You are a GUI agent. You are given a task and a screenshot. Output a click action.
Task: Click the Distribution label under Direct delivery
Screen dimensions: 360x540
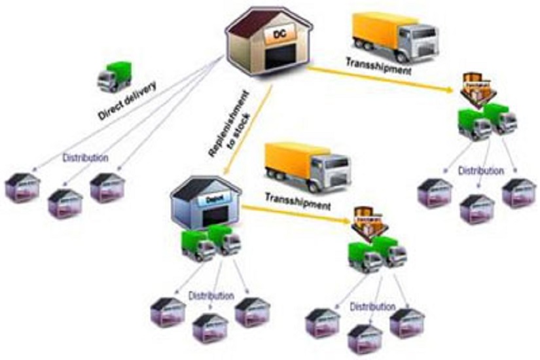[x=85, y=158]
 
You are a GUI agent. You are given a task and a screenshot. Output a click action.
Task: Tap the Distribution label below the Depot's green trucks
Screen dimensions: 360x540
[x=211, y=296]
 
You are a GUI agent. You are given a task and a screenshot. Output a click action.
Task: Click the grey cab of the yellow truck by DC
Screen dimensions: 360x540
[x=420, y=35]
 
